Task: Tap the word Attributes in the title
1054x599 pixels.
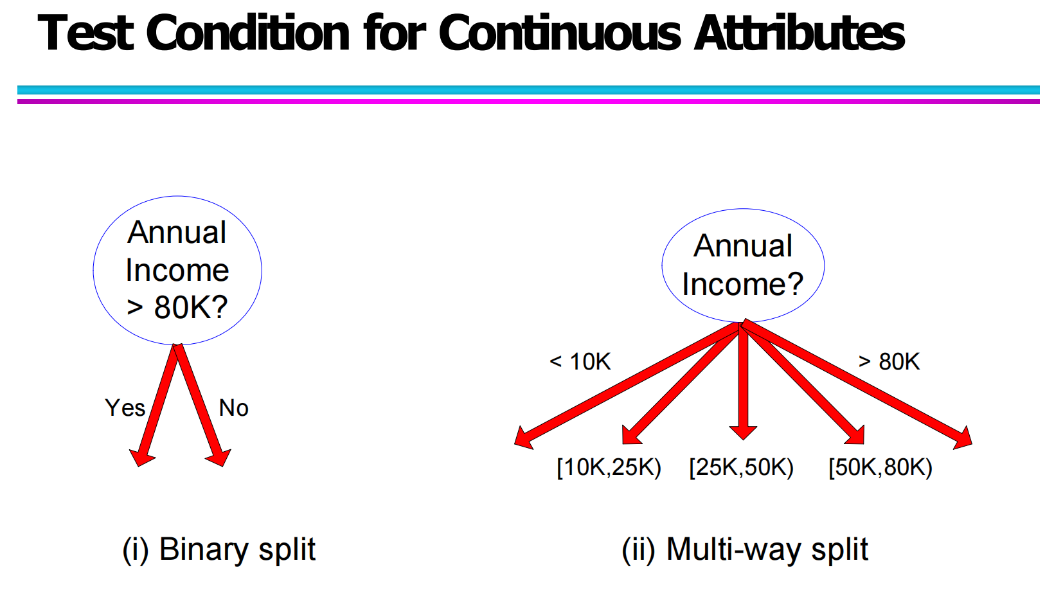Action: (799, 32)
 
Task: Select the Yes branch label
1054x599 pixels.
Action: (125, 407)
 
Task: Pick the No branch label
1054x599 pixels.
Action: (233, 407)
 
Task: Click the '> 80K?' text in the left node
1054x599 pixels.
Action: (177, 307)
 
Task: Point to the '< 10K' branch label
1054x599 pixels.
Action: (580, 362)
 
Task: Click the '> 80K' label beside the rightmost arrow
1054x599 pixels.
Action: (889, 362)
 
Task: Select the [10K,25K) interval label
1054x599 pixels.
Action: (609, 467)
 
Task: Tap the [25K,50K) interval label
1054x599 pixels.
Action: (741, 467)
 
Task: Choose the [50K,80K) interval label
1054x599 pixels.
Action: (880, 467)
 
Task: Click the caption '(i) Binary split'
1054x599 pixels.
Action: (219, 550)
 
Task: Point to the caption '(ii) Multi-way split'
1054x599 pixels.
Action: (745, 550)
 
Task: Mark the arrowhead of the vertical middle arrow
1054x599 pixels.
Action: (743, 432)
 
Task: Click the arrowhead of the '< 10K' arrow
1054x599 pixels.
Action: (523, 438)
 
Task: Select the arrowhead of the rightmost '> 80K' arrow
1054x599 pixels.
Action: (963, 438)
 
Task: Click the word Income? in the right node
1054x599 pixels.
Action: (742, 285)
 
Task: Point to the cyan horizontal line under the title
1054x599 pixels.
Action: (528, 90)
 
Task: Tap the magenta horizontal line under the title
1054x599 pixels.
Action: (528, 101)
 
